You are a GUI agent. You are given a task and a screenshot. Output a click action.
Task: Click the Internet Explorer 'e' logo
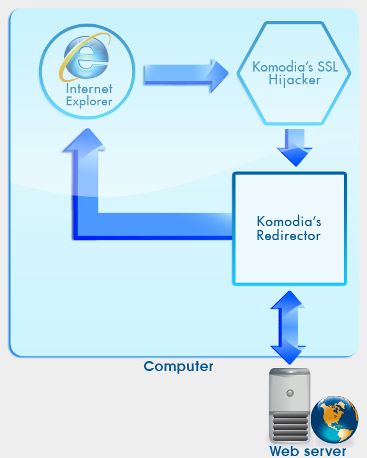point(85,57)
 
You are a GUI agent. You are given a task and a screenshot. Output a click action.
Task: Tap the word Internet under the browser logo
point(89,89)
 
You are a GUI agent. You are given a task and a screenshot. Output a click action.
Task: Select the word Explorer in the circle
point(89,102)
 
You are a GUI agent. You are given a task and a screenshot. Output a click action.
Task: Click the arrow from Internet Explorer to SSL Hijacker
point(186,75)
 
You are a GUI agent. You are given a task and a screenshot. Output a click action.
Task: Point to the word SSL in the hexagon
point(327,67)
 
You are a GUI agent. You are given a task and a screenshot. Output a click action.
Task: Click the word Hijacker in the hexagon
point(294,80)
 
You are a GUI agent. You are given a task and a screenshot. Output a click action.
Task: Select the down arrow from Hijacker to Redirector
point(295,148)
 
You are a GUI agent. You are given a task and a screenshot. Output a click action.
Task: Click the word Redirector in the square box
point(288,236)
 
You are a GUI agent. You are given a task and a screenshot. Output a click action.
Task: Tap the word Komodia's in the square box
point(288,222)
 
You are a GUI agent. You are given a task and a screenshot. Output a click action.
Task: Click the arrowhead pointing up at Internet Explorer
point(85,140)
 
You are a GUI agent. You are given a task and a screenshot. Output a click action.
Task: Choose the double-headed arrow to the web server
point(288,328)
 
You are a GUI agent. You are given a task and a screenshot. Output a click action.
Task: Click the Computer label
point(178,367)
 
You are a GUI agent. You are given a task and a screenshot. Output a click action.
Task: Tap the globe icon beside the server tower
point(334,420)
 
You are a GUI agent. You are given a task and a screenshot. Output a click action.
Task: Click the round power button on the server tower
point(290,393)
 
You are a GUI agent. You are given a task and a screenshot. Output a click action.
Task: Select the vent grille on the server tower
point(290,426)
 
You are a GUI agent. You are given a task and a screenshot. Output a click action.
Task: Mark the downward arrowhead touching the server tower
point(288,355)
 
